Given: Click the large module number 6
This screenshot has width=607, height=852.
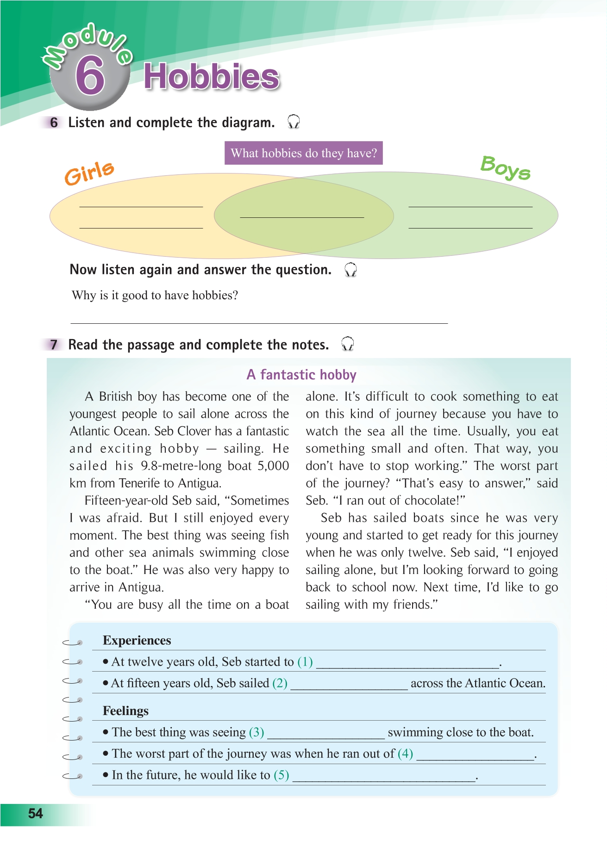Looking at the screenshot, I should pos(90,76).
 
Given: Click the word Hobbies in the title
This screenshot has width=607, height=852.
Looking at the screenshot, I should pos(212,77).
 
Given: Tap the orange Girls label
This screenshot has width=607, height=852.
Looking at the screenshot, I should pos(89,173).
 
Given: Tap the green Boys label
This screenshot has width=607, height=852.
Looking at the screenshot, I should pos(505,168).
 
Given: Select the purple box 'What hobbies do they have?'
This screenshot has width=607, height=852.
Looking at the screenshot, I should pos(303,153).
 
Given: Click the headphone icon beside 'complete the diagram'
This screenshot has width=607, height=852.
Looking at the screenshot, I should pos(294,122).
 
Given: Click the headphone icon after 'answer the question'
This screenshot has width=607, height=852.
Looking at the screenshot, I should pos(350,270).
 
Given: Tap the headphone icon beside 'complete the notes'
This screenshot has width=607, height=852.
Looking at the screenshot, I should pos(347,344).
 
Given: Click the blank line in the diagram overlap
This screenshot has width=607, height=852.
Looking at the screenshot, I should pos(302,216).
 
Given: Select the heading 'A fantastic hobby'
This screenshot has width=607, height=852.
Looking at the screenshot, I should pos(301,375).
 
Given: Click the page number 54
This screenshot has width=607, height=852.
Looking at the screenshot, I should pos(36,814).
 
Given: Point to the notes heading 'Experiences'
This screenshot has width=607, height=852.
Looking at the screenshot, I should pos(137,641).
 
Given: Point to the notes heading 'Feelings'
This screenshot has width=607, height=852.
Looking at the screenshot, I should pos(125,711).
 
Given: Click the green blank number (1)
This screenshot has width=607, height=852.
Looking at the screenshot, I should pos(305,662).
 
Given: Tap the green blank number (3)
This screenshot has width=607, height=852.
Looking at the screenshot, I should pos(257,732).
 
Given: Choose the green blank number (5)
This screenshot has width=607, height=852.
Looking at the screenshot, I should pos(282,775).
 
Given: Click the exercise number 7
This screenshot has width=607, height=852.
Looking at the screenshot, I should pos(54,345).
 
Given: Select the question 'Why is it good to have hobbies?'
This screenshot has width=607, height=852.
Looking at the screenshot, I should pos(155,295).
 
